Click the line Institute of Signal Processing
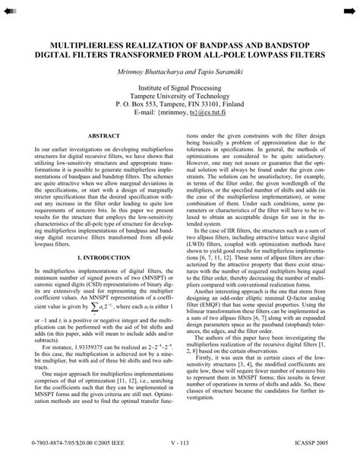click(x=180, y=89)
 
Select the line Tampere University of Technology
click(x=180, y=98)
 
